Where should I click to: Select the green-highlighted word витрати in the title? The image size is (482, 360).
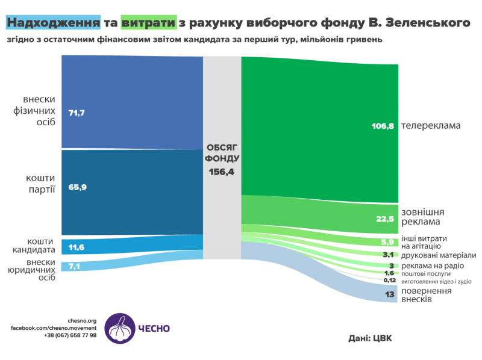pyautogui.click(x=148, y=23)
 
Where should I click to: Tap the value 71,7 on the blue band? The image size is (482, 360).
pyautogui.click(x=77, y=113)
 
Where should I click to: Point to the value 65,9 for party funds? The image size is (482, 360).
pyautogui.click(x=78, y=187)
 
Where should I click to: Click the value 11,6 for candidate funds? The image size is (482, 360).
pyautogui.click(x=77, y=247)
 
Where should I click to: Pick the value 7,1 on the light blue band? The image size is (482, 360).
pyautogui.click(x=74, y=266)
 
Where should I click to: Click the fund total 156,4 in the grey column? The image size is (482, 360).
pyautogui.click(x=222, y=172)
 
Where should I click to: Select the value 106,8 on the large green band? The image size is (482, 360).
pyautogui.click(x=383, y=126)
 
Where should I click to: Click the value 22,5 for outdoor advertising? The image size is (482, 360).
pyautogui.click(x=384, y=219)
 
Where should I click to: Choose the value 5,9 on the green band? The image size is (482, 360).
pyautogui.click(x=387, y=242)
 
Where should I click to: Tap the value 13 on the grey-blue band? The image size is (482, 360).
pyautogui.click(x=389, y=294)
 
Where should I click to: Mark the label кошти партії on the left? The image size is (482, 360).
pyautogui.click(x=40, y=184)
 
